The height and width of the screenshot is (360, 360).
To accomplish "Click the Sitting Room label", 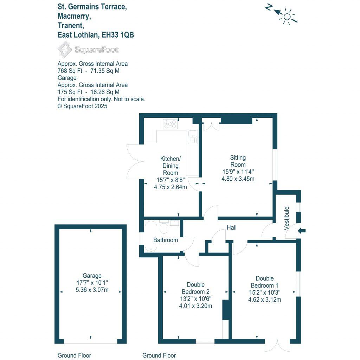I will click(238, 161).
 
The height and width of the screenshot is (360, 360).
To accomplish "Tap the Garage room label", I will click(92, 276).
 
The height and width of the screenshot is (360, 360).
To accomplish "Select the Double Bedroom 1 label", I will click(265, 282).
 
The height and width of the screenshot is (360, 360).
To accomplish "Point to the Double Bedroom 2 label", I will click(195, 288).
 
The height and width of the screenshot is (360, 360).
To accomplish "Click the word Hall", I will click(231, 228).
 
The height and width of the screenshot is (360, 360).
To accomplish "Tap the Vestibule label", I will click(287, 218).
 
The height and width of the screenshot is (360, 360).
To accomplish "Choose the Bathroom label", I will click(166, 240).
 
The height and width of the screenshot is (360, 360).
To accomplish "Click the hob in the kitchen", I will click(170, 124).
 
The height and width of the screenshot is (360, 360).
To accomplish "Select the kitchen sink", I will click(193, 137).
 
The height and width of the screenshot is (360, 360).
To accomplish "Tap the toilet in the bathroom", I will click(163, 227).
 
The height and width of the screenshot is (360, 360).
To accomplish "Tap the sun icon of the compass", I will click(288, 17).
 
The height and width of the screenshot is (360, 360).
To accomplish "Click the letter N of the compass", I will click(269, 7).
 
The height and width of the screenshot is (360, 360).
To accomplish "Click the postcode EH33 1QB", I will click(117, 35).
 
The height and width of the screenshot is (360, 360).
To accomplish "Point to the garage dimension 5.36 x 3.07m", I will click(92, 290).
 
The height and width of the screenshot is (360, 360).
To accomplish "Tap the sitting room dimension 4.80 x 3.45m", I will click(238, 179).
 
